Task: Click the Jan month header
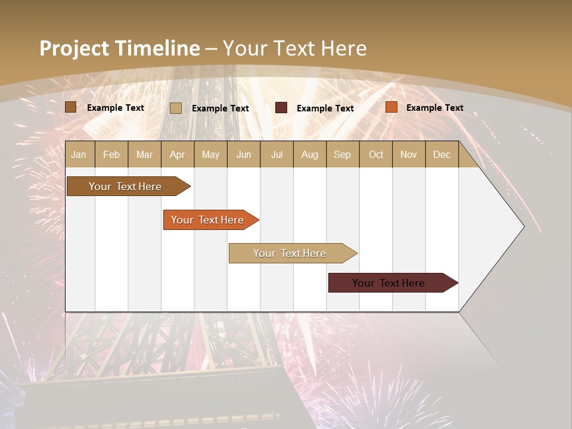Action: coord(79,154)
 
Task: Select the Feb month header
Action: coord(111,154)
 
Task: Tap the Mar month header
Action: coord(144,154)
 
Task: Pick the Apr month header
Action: coord(178,154)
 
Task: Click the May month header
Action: coord(210,154)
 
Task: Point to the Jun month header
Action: coord(244,154)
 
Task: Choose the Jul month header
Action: coord(276,154)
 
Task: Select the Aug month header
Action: coord(310,154)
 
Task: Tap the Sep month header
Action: coord(343,154)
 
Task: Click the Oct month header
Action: coord(376,154)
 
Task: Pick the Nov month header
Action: coord(409,154)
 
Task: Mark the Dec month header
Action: coord(442,154)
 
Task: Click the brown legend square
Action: coord(71,107)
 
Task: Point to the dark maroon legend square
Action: coord(281,108)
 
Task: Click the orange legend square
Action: coord(391,107)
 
